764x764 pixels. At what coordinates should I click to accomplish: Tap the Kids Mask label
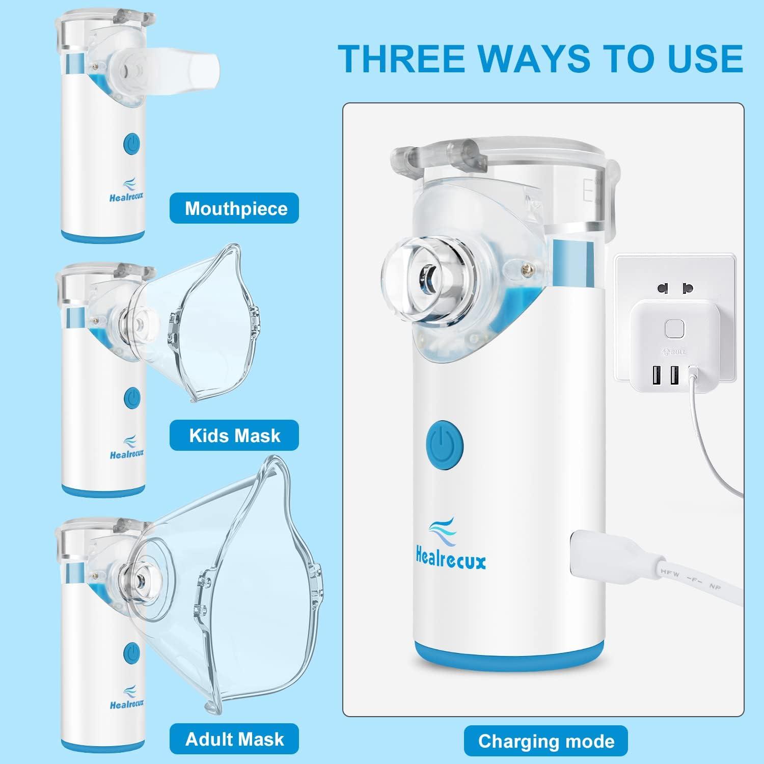[x=234, y=435]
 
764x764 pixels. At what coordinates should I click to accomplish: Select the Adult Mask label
[x=234, y=739]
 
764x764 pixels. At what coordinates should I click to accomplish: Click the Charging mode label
[x=545, y=741]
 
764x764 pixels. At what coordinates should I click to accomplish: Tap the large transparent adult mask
[x=229, y=586]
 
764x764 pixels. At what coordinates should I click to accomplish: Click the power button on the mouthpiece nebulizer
[x=132, y=144]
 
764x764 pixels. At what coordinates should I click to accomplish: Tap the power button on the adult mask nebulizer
[x=132, y=652]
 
